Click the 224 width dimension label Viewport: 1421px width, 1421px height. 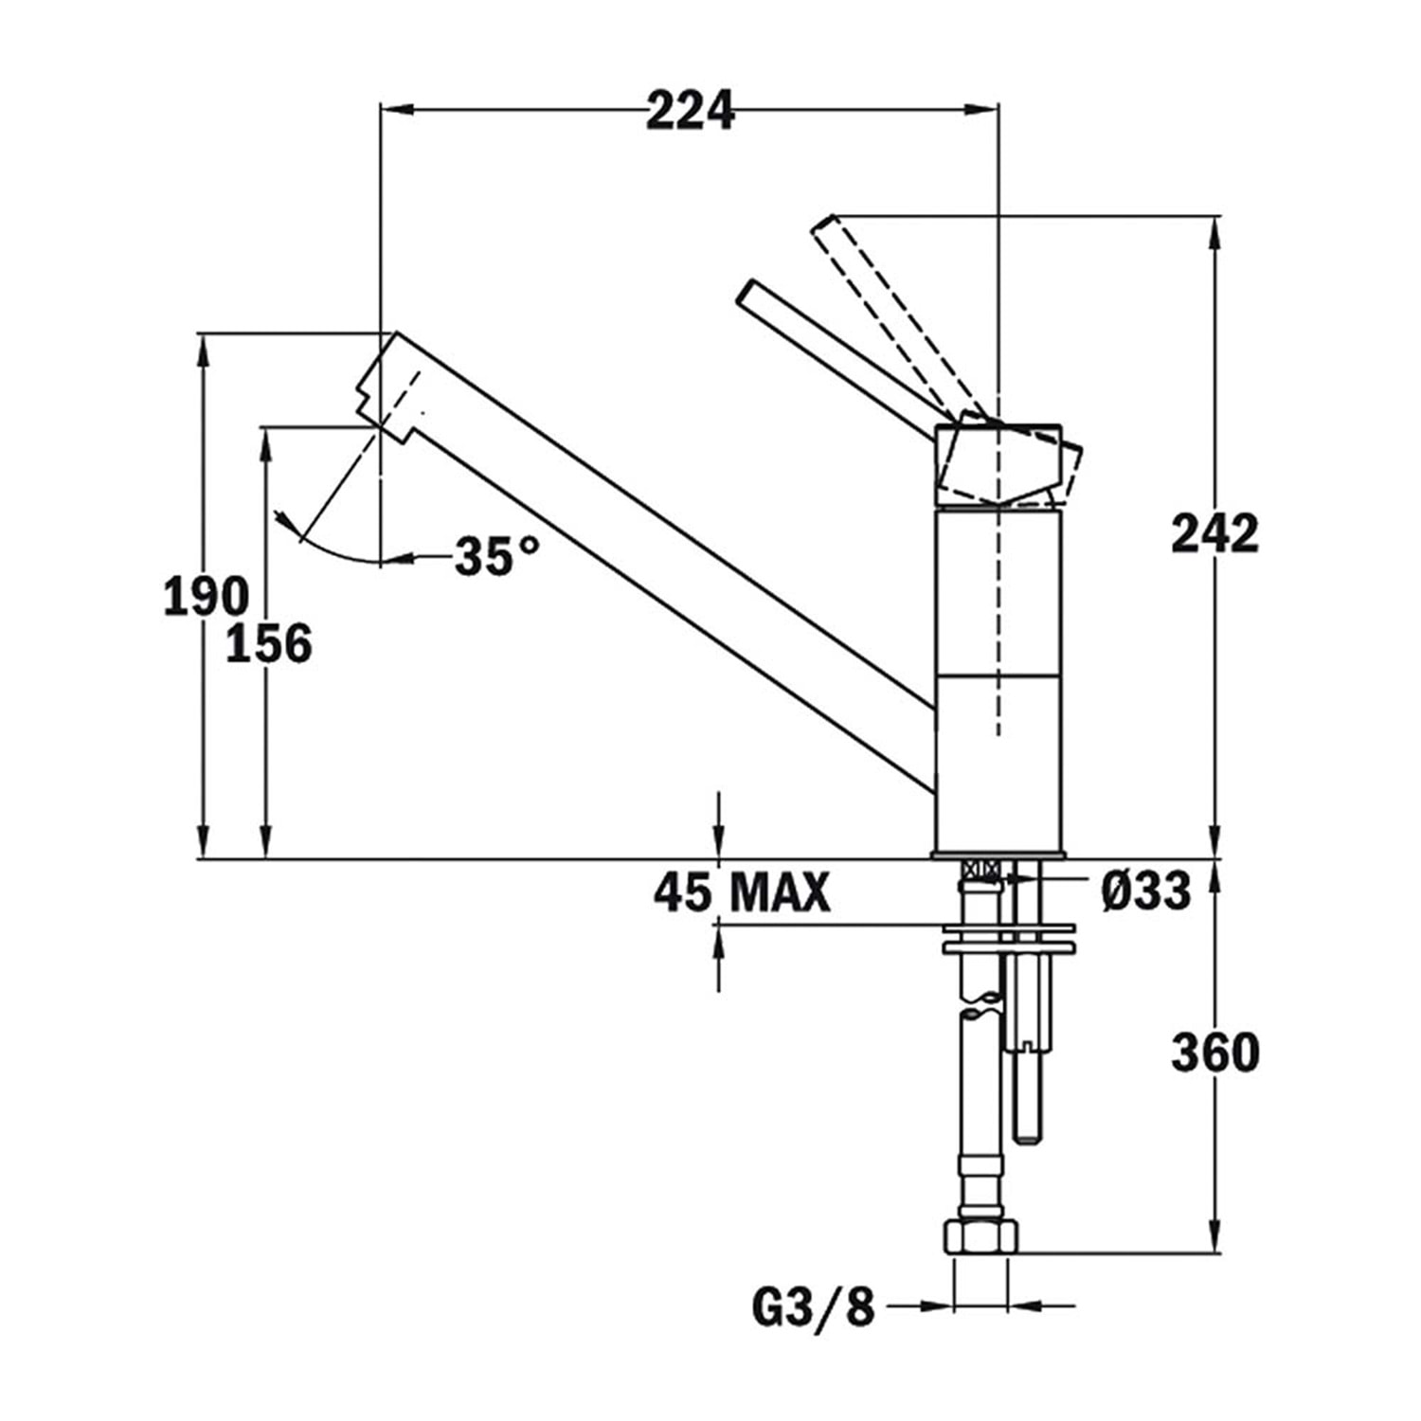tap(691, 111)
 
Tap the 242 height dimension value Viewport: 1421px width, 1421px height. tap(1214, 533)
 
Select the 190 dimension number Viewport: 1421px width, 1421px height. tap(207, 597)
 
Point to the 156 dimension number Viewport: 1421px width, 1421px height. tap(269, 643)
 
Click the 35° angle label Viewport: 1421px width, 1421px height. tap(497, 555)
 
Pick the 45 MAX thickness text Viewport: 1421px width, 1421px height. tap(742, 891)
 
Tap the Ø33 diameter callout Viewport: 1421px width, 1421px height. tap(1145, 891)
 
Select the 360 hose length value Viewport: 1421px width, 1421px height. tap(1214, 1052)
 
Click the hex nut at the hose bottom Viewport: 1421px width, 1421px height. tap(980, 1236)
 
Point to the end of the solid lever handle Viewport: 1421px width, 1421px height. tap(745, 291)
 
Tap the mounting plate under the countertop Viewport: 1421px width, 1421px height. tap(1008, 946)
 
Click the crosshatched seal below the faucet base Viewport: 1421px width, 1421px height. tap(980, 869)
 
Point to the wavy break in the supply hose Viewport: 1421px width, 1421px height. tap(980, 1005)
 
